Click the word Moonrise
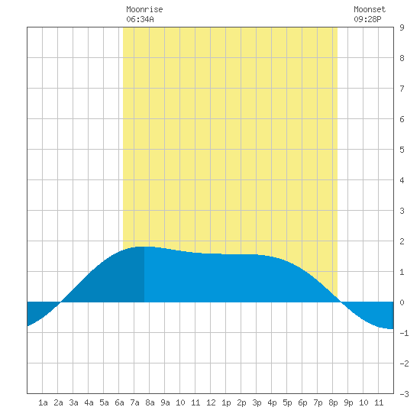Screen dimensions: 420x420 pyautogui.click(x=144, y=9)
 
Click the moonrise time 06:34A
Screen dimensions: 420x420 pyautogui.click(x=140, y=19)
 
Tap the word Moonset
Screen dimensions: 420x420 pyautogui.click(x=370, y=9)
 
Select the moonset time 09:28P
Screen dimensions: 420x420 pyautogui.click(x=367, y=19)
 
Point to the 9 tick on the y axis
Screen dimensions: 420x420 pyautogui.click(x=402, y=27)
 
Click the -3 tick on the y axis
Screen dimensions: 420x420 pyautogui.click(x=404, y=394)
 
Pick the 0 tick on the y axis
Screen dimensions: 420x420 pyautogui.click(x=402, y=302)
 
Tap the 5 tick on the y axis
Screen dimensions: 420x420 pyautogui.click(x=402, y=150)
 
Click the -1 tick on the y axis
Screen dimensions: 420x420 pyautogui.click(x=404, y=333)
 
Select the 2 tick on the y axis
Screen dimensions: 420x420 pyautogui.click(x=402, y=241)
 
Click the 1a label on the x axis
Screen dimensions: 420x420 pyautogui.click(x=43, y=402)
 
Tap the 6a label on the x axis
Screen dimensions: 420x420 pyautogui.click(x=119, y=402)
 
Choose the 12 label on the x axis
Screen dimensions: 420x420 pyautogui.click(x=211, y=402)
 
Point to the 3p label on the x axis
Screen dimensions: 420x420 pyautogui.click(x=257, y=402)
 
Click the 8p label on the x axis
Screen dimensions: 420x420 pyautogui.click(x=333, y=402)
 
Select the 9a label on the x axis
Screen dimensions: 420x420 pyautogui.click(x=165, y=402)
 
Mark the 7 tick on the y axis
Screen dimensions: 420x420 pyautogui.click(x=402, y=89)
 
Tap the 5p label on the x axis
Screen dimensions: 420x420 pyautogui.click(x=287, y=402)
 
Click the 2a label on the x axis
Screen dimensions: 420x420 pyautogui.click(x=58, y=402)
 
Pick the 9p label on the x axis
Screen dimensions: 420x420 pyautogui.click(x=348, y=402)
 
